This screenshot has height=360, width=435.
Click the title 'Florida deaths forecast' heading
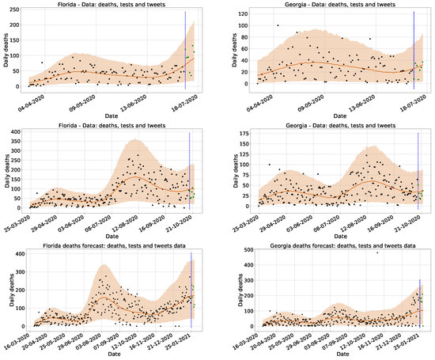coord(110,244)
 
